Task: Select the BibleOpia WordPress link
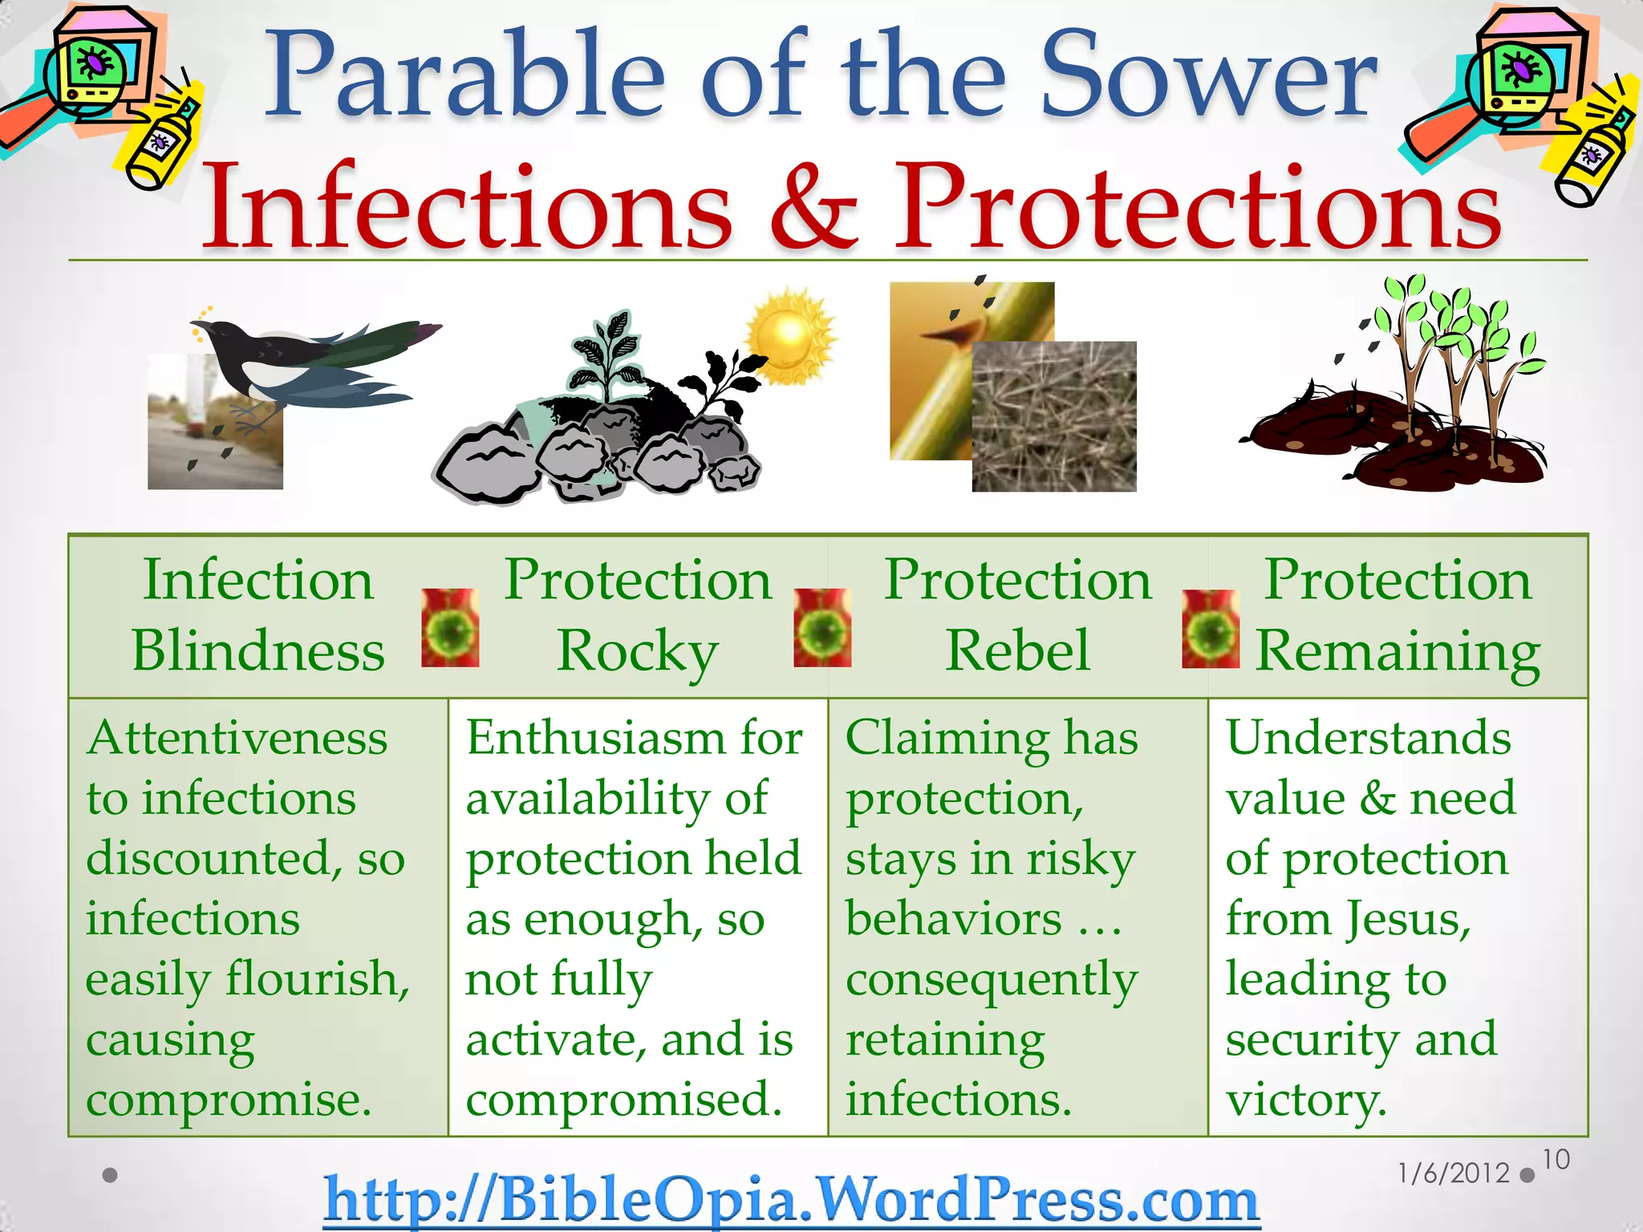[791, 1200]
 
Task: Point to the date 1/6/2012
[1454, 1173]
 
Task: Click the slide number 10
[1556, 1160]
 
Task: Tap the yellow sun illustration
[789, 337]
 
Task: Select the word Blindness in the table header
[258, 650]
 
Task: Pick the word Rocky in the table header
[637, 651]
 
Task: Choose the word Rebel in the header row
[1017, 650]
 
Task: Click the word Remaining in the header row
[1397, 651]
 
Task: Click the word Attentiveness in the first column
[237, 738]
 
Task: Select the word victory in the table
[1306, 1100]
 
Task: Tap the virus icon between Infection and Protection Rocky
[450, 628]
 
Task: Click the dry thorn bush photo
[1054, 416]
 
